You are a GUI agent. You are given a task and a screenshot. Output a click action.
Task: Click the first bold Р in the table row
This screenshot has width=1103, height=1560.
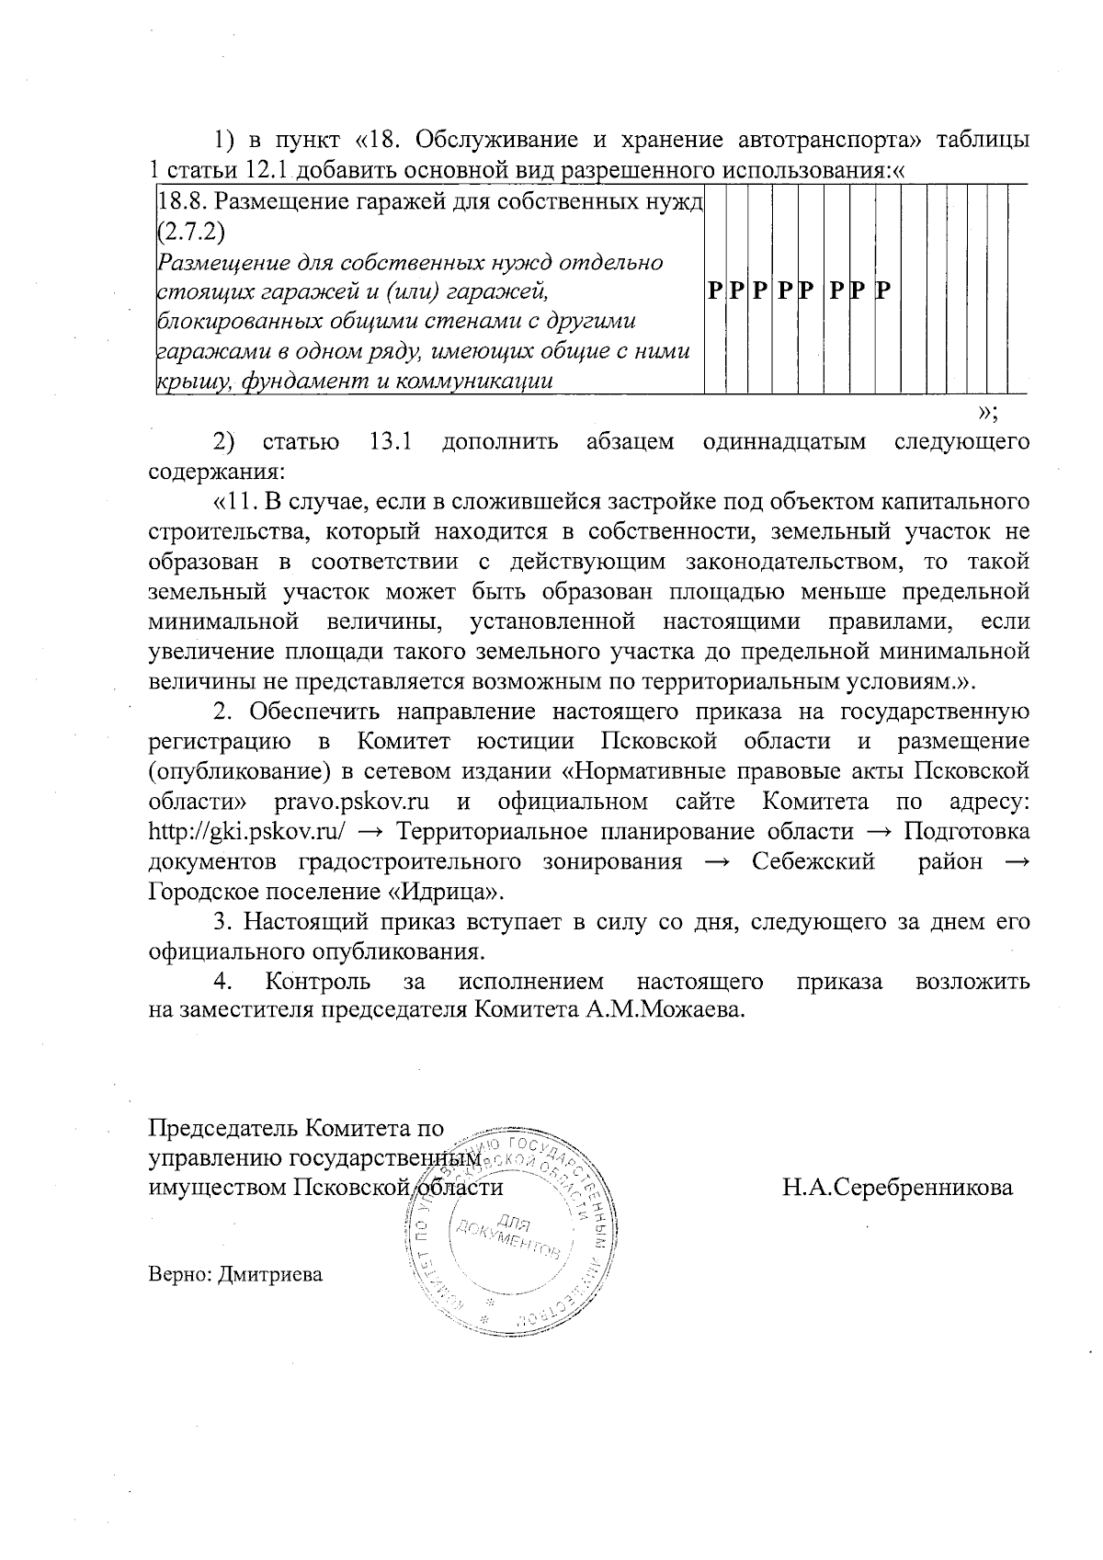tap(714, 292)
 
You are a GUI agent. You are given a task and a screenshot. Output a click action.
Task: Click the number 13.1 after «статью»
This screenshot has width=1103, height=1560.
tap(390, 442)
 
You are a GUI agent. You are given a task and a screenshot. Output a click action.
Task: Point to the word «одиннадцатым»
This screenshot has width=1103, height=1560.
tap(784, 442)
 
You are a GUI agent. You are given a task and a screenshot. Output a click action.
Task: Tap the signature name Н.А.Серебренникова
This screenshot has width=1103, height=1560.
tap(897, 1187)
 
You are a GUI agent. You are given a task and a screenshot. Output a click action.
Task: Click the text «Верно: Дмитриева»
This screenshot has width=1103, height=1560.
tap(236, 1275)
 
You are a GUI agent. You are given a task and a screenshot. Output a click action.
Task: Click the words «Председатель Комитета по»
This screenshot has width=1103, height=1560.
tap(297, 1128)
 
